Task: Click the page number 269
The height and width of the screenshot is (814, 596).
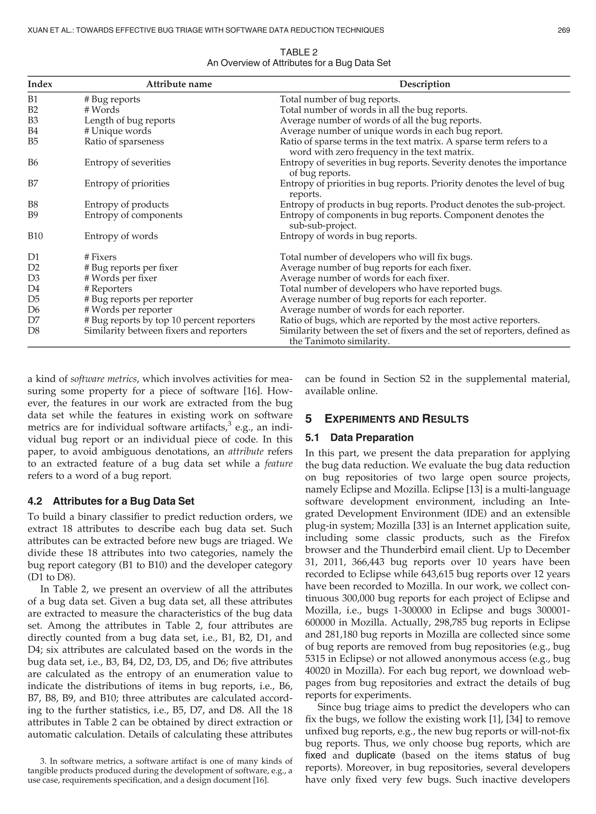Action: pyautogui.click(x=563, y=30)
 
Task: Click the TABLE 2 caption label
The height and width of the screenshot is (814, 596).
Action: pyautogui.click(x=298, y=52)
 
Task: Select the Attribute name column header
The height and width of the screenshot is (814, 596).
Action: pyautogui.click(x=179, y=84)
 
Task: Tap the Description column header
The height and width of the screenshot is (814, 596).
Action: pyautogui.click(x=425, y=84)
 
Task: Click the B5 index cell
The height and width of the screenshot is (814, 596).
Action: pyautogui.click(x=33, y=141)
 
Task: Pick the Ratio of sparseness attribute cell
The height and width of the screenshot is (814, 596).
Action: pyautogui.click(x=124, y=141)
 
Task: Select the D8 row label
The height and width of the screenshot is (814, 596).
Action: pyautogui.click(x=33, y=330)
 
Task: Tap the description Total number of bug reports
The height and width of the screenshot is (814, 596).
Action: pyautogui.click(x=340, y=99)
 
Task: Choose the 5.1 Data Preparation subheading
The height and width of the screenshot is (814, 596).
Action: pyautogui.click(x=359, y=437)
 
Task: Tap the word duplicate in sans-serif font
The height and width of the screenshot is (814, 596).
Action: pyautogui.click(x=375, y=755)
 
